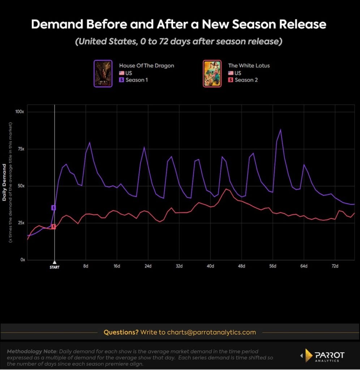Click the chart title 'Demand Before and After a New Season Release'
click(179, 25)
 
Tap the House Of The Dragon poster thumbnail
click(103, 73)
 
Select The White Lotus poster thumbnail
click(212, 73)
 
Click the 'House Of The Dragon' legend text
click(146, 66)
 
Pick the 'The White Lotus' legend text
click(249, 66)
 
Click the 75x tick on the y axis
click(20, 149)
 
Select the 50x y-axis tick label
click(20, 186)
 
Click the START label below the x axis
click(55, 267)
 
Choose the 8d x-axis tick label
click(86, 266)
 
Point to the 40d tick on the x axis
click(210, 266)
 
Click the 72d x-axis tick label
click(335, 266)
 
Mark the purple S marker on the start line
click(53, 208)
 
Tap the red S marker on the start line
click(53, 227)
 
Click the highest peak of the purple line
click(280, 129)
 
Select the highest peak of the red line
click(226, 189)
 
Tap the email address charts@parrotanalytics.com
click(211, 332)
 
